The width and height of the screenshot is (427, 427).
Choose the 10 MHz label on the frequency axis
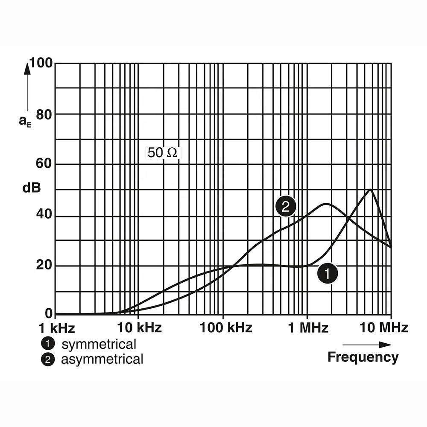pos(384,328)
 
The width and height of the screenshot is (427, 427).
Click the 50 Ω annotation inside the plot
pos(162,153)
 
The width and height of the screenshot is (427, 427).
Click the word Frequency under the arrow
pos(363,357)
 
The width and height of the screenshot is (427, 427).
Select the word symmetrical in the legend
pos(99,344)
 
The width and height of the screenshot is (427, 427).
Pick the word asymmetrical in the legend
pos(102,359)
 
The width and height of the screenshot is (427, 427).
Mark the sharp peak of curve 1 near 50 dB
pos(370,190)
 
